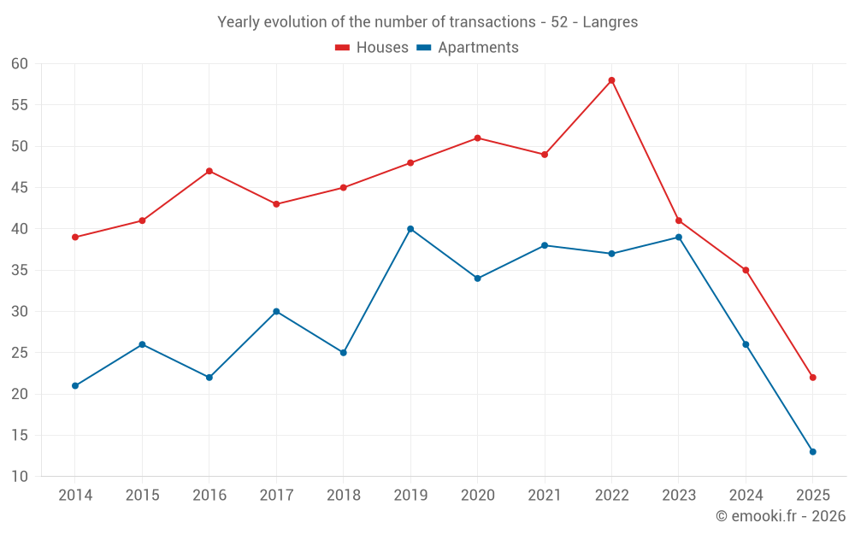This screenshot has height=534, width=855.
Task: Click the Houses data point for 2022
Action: click(x=611, y=80)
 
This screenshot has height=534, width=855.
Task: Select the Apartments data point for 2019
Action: click(x=410, y=229)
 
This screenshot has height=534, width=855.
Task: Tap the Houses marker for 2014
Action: click(x=75, y=238)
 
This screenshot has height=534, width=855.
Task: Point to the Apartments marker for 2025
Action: click(x=812, y=452)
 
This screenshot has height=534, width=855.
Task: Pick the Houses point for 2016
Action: click(x=209, y=171)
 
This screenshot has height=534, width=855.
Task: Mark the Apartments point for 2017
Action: click(x=276, y=312)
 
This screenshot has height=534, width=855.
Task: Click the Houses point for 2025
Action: click(x=812, y=378)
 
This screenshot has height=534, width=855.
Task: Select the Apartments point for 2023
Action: click(x=679, y=238)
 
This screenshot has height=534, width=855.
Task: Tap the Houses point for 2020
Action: click(x=477, y=138)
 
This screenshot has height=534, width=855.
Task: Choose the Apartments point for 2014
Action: click(x=75, y=386)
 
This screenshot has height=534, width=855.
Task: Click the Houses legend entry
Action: click(x=372, y=48)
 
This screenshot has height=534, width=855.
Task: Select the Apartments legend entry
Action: click(x=468, y=48)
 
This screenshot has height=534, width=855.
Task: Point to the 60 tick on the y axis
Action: click(x=20, y=64)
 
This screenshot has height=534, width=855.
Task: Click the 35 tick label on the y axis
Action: click(x=20, y=271)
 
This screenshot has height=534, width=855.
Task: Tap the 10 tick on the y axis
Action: click(x=20, y=477)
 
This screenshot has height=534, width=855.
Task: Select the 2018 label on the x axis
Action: click(x=343, y=496)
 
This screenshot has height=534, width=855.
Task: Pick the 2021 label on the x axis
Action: click(x=545, y=496)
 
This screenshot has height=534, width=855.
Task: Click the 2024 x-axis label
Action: click(x=746, y=496)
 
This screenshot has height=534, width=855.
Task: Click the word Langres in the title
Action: click(x=610, y=22)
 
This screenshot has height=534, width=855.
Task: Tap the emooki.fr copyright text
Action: click(x=781, y=516)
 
